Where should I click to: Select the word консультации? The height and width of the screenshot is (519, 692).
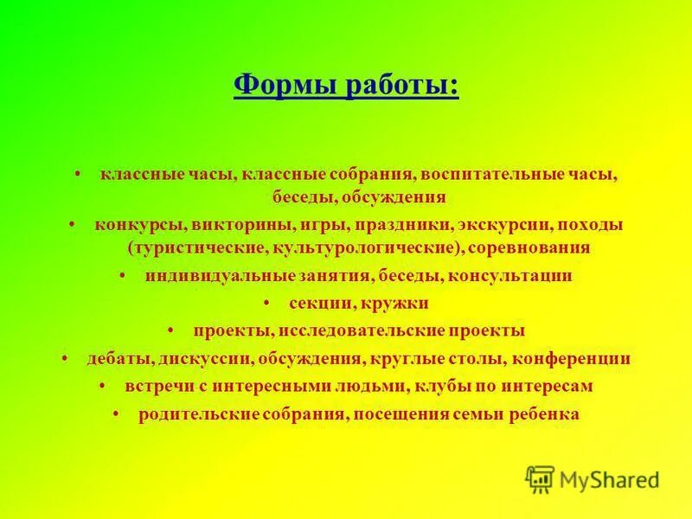(x=511, y=277)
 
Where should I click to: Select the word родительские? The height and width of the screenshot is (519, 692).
(x=199, y=414)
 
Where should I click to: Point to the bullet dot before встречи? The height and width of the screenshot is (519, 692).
(x=103, y=385)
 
